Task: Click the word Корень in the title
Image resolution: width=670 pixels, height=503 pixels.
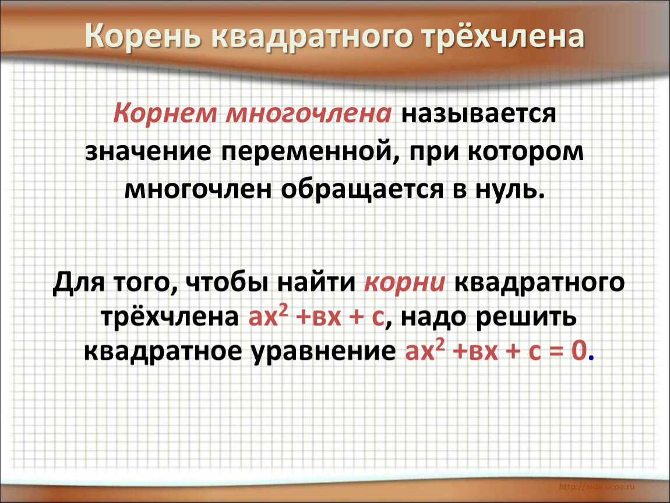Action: (x=143, y=36)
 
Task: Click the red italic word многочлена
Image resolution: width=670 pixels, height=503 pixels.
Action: (x=308, y=114)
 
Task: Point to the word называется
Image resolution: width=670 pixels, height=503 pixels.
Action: (x=478, y=115)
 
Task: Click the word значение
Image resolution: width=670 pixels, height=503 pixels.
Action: (x=148, y=151)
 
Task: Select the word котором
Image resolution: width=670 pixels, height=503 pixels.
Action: (x=526, y=152)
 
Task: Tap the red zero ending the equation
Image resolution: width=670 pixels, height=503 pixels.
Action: (x=579, y=351)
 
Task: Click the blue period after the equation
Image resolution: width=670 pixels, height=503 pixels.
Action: (x=591, y=359)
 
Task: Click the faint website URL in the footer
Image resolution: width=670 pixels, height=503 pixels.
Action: (x=597, y=486)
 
